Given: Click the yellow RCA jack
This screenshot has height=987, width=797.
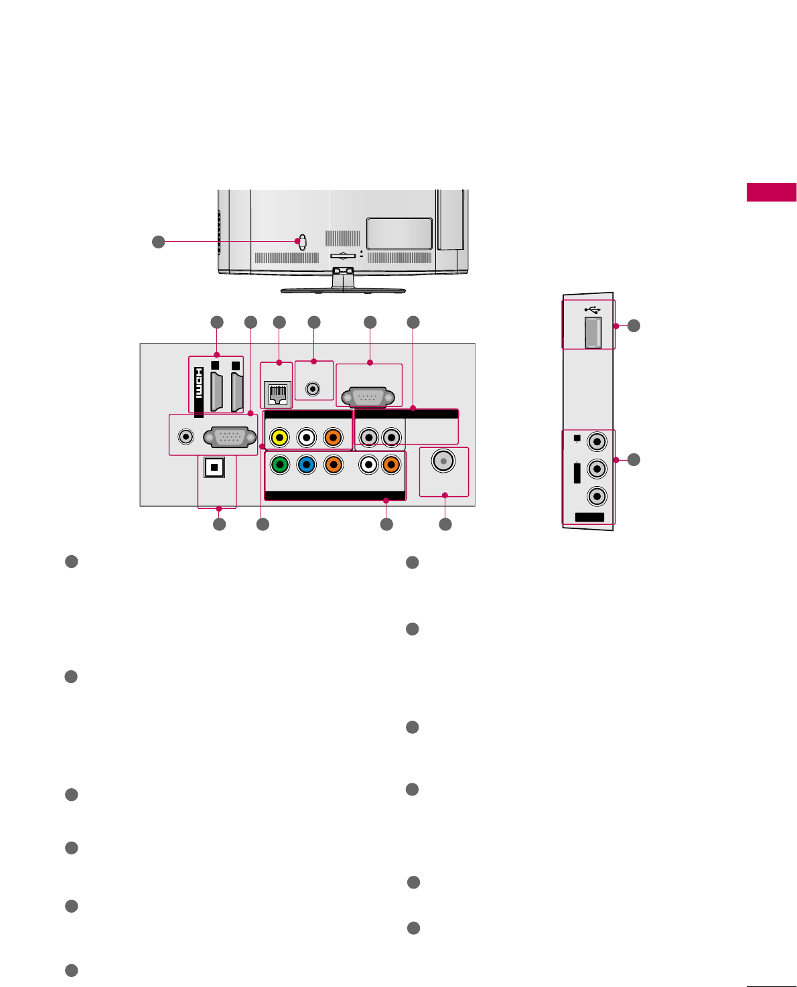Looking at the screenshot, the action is click(279, 437).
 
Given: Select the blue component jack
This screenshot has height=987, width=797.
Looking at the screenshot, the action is click(306, 464).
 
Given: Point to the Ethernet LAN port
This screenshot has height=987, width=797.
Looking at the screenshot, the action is click(277, 394).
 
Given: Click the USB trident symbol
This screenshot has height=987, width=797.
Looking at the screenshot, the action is click(592, 309).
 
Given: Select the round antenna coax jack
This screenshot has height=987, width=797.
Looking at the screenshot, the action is click(443, 461).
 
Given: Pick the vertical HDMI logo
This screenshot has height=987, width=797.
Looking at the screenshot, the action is click(199, 392).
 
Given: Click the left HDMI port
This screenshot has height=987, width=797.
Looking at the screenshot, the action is click(216, 392).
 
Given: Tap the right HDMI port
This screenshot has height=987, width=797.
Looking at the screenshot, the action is click(236, 392).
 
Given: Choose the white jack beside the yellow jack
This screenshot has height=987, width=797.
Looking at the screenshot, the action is click(306, 437).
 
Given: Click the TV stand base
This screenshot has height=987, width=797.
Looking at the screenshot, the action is click(343, 291).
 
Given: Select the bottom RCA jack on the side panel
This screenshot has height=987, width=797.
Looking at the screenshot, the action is click(596, 496).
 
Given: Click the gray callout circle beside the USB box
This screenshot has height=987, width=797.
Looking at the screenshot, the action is click(634, 325).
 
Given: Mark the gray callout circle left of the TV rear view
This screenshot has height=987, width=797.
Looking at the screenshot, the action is click(158, 242).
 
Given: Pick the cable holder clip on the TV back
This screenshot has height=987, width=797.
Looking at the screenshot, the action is click(302, 242).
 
